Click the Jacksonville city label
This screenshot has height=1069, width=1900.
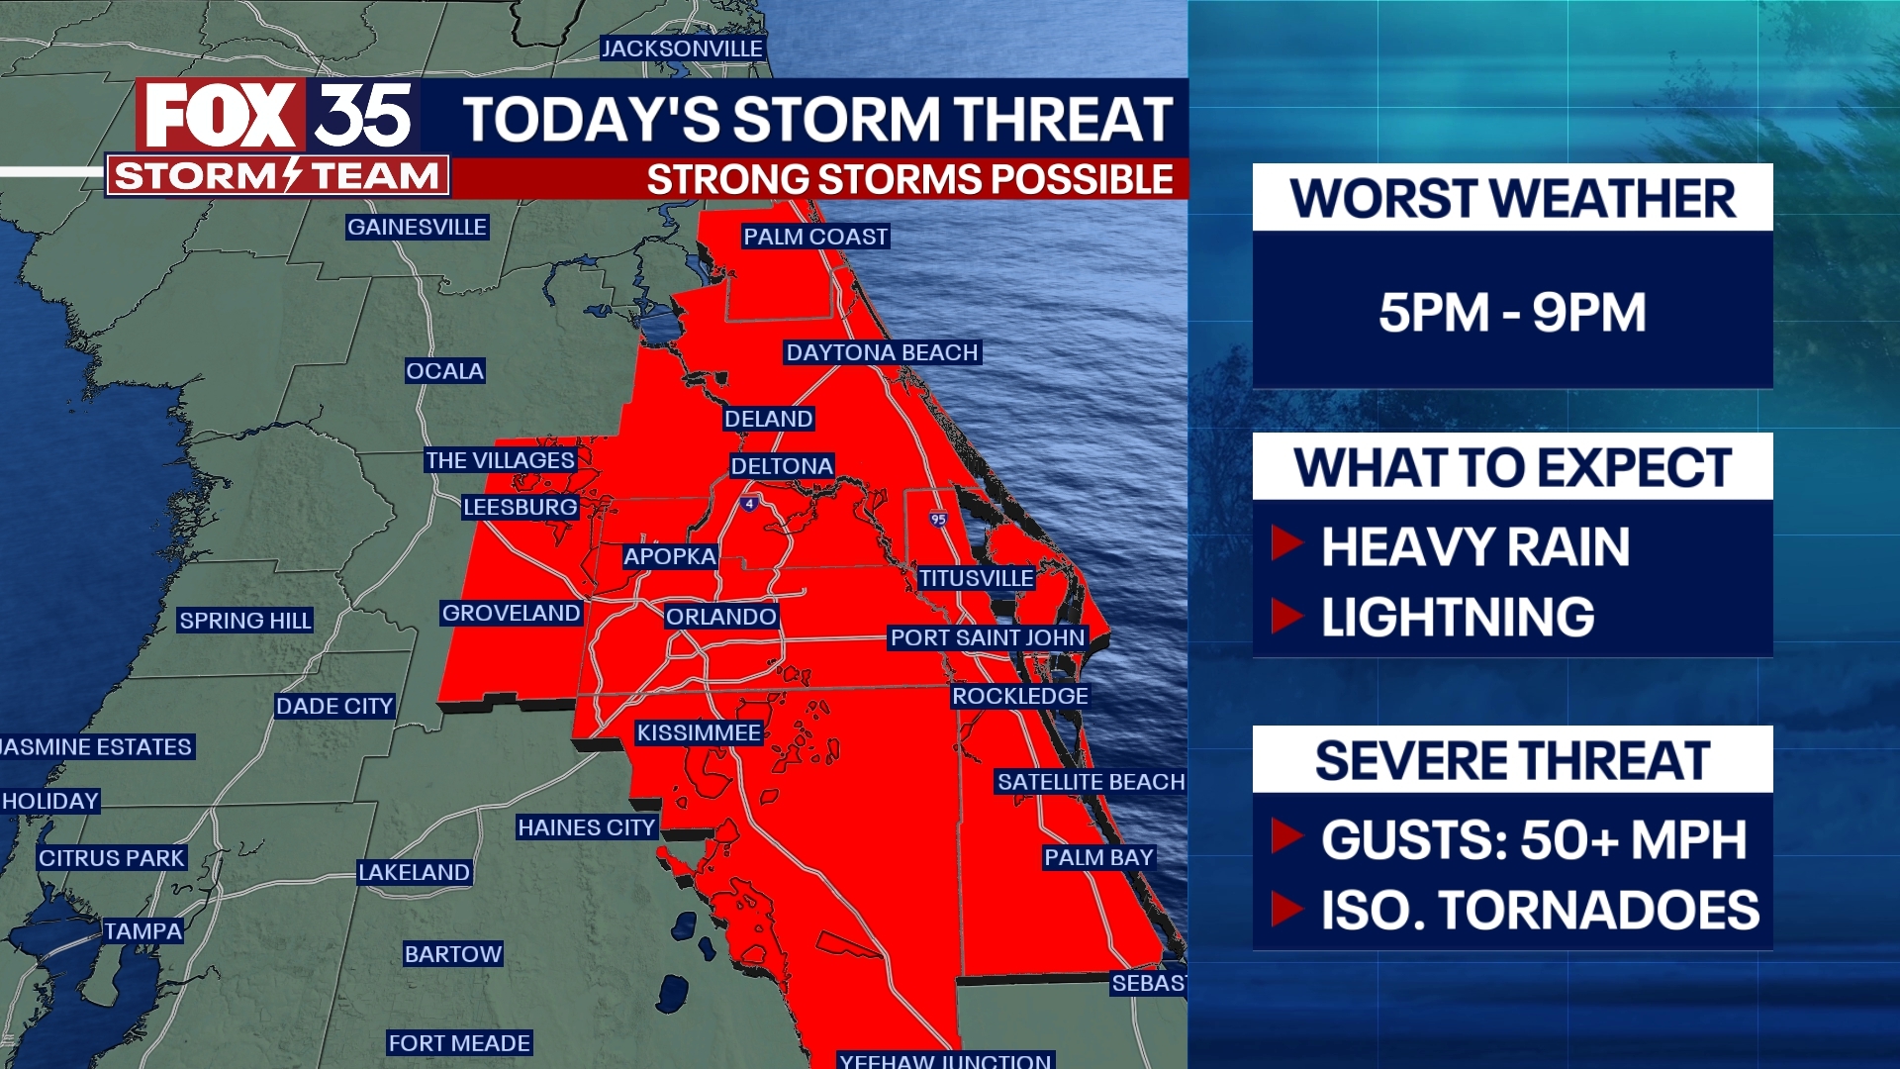pyautogui.click(x=682, y=49)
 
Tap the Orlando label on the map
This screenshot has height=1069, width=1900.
pyautogui.click(x=720, y=617)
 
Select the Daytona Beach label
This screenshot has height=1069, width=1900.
pyautogui.click(x=882, y=352)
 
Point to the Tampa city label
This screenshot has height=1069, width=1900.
pyautogui.click(x=143, y=931)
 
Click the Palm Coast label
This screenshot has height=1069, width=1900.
pyautogui.click(x=815, y=237)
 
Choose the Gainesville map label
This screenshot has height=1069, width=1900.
pyautogui.click(x=417, y=227)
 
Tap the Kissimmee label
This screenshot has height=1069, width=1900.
pyautogui.click(x=699, y=732)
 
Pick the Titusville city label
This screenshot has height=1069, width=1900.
pyautogui.click(x=976, y=578)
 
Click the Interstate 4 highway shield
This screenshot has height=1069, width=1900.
pyautogui.click(x=749, y=504)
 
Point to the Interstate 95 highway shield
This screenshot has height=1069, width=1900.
pyautogui.click(x=938, y=519)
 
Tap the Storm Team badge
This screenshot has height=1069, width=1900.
pyautogui.click(x=277, y=176)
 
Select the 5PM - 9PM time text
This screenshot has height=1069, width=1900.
pyautogui.click(x=1512, y=313)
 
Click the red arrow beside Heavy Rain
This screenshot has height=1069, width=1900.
pyautogui.click(x=1286, y=543)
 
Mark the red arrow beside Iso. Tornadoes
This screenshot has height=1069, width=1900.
pyautogui.click(x=1286, y=908)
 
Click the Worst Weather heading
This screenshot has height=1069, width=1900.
pyautogui.click(x=1512, y=198)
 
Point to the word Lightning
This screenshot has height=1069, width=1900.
pyautogui.click(x=1458, y=617)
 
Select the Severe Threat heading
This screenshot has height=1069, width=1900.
pyautogui.click(x=1512, y=760)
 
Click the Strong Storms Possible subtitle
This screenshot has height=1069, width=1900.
pyautogui.click(x=909, y=179)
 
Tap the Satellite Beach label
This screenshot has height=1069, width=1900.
pyautogui.click(x=1091, y=782)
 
